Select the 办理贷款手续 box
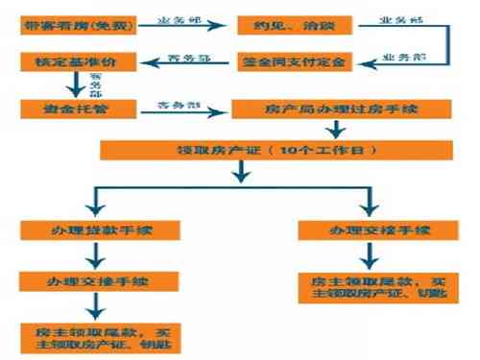(x=93, y=232)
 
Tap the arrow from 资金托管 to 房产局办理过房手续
(x=174, y=108)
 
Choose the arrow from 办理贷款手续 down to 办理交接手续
(x=93, y=256)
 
